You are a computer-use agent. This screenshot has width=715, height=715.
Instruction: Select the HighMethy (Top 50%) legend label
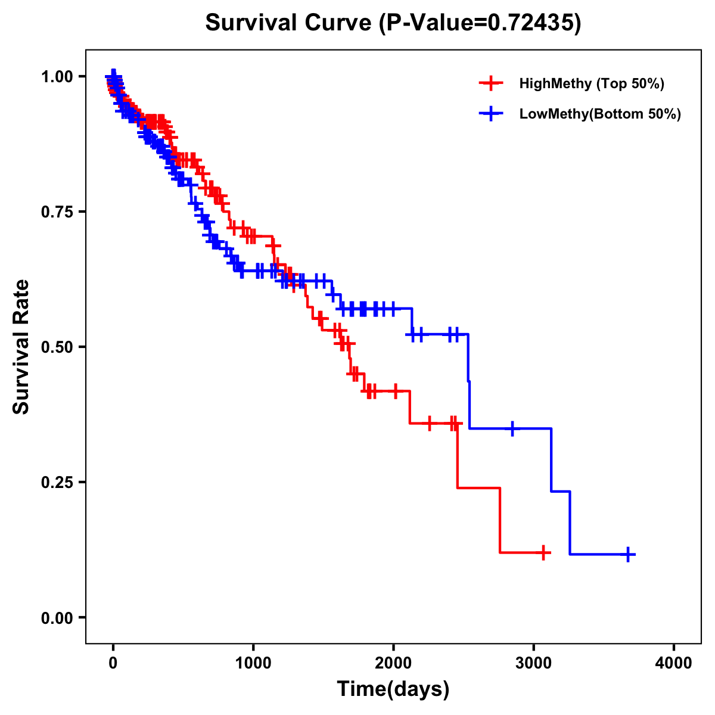tap(591, 83)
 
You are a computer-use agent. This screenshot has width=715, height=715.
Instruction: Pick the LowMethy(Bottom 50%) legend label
tap(600, 114)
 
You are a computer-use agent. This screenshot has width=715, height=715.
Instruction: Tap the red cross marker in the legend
tap(490, 83)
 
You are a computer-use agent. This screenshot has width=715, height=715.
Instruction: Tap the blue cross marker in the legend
tap(490, 114)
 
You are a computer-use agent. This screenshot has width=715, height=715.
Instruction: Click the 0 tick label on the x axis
tap(113, 663)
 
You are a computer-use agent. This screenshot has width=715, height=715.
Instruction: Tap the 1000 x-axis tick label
tap(253, 663)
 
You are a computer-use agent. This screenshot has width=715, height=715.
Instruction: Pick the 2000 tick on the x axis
tap(393, 663)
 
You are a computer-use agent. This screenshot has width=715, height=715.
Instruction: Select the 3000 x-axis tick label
tap(534, 663)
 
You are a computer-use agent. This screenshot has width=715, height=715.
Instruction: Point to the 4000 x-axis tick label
tap(674, 663)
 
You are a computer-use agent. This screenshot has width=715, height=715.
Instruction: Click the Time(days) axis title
tap(393, 689)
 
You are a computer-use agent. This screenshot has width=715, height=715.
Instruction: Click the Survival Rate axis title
tap(21, 347)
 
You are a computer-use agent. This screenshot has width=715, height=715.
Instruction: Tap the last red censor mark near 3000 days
tap(543, 553)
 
